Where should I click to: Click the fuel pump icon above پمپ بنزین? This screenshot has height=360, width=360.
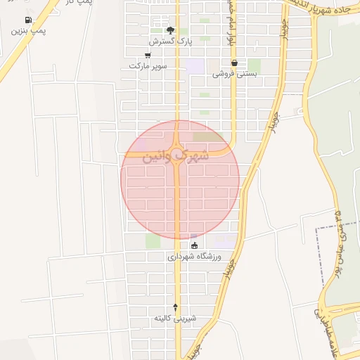tap(28, 21)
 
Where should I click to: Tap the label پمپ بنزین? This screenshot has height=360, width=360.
tap(28, 32)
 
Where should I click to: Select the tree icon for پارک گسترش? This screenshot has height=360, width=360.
tap(169, 30)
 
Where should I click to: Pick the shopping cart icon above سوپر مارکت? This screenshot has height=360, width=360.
tap(147, 55)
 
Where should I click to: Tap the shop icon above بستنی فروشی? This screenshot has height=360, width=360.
tap(234, 63)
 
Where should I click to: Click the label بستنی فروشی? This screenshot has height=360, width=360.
tap(234, 73)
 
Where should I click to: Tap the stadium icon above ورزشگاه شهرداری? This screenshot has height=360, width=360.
tap(195, 245)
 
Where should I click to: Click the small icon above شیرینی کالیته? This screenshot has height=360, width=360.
tap(176, 307)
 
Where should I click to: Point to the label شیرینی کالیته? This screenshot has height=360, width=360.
tap(176, 319)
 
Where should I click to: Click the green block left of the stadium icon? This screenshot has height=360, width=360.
tap(153, 241)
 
